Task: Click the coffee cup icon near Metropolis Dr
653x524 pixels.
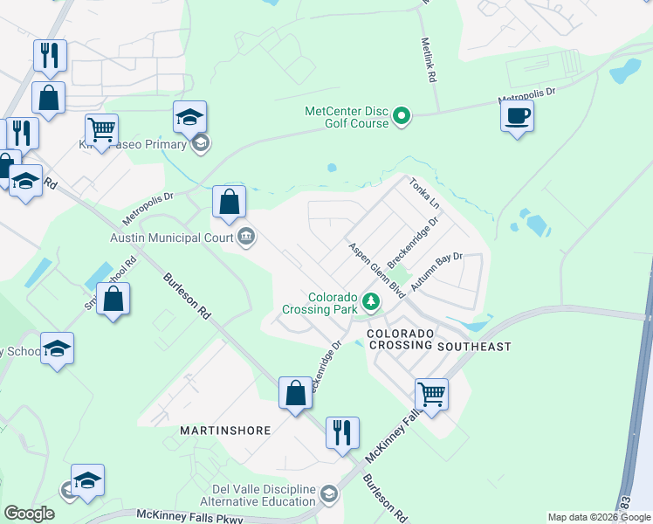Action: click(517, 116)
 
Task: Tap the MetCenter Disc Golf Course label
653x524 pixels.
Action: click(346, 117)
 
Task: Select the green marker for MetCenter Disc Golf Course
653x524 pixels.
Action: click(402, 115)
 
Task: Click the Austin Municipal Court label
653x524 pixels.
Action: click(170, 237)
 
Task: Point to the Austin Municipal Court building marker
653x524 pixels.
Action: click(246, 237)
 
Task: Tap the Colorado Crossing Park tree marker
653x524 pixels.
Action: click(372, 302)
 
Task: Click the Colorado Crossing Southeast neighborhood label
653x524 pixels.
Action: click(438, 341)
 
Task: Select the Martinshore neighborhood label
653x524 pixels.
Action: click(224, 431)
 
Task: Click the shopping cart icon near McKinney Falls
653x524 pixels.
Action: click(431, 394)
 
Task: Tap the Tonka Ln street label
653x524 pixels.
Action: click(424, 193)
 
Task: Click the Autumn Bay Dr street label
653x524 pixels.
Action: click(439, 272)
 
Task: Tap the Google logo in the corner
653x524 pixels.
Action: click(29, 514)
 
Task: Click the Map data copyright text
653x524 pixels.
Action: click(599, 517)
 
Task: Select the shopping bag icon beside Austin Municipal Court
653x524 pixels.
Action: click(229, 202)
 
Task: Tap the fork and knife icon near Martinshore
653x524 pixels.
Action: click(342, 432)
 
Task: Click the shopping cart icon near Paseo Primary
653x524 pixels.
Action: click(101, 129)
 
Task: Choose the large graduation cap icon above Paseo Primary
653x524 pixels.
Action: click(189, 117)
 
